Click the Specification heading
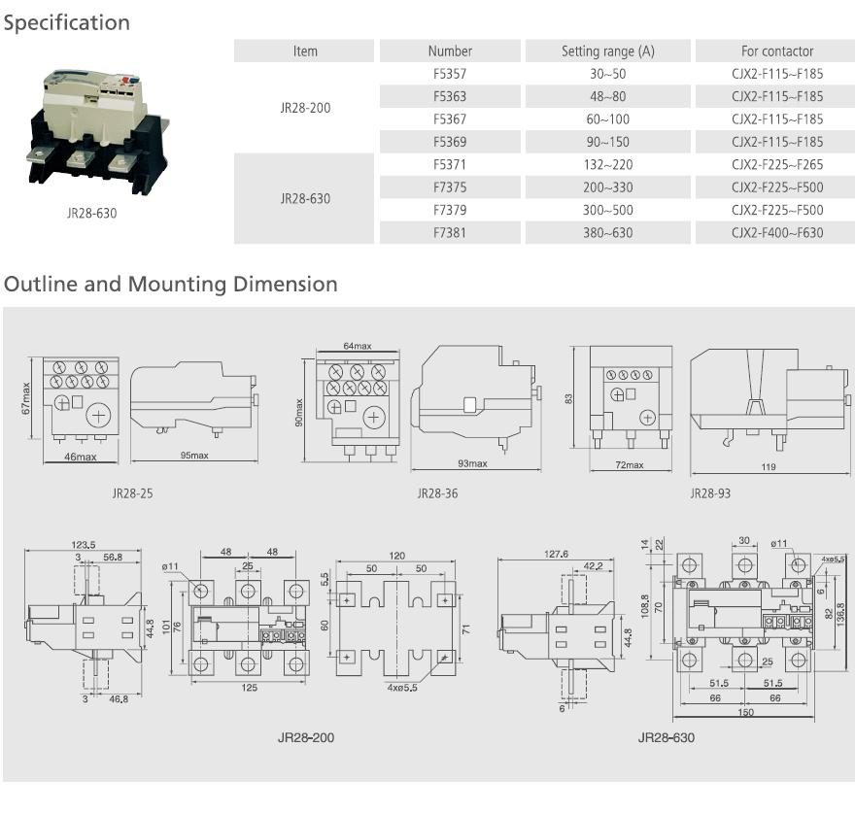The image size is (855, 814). (66, 22)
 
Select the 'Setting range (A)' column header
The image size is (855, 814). (608, 51)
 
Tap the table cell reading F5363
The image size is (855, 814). (450, 96)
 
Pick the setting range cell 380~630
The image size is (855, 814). (608, 233)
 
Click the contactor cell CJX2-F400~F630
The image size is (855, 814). (776, 233)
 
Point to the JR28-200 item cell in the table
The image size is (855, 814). (305, 108)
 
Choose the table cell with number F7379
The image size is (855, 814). (450, 210)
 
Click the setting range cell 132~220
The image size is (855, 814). (608, 165)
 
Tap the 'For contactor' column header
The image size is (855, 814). (776, 51)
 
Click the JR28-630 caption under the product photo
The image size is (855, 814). (91, 213)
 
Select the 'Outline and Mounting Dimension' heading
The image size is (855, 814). (171, 285)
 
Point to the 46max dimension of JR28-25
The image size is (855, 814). (80, 457)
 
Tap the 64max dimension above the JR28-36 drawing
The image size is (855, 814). (358, 347)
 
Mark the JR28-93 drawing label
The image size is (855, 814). (710, 493)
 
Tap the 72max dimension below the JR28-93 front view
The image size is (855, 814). (630, 465)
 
